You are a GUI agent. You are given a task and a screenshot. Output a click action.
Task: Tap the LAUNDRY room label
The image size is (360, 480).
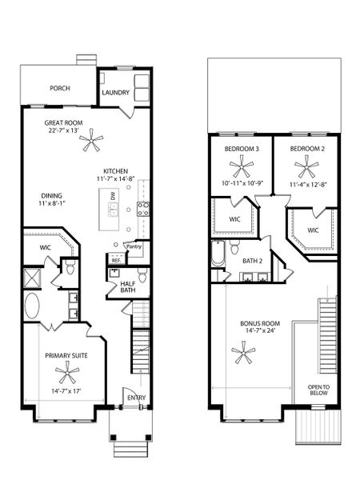[116, 93]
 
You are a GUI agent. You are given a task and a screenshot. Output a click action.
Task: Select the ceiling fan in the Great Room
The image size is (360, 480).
[94, 144]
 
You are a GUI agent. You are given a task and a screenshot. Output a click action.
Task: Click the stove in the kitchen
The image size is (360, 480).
[145, 210]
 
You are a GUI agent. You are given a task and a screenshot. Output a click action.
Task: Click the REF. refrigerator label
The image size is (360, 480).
[115, 260]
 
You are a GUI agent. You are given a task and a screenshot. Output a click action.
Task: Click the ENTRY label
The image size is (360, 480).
[136, 398]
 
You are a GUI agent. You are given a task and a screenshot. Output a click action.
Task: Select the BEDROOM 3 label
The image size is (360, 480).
[241, 150]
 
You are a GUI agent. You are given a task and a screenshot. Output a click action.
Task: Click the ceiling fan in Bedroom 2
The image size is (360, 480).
[305, 168]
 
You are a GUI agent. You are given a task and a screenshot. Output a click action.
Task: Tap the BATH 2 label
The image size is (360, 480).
[252, 260]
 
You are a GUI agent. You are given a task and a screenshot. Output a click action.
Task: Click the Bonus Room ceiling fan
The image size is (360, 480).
[243, 350]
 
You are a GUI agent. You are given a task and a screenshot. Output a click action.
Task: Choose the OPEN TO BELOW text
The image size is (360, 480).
[318, 390]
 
